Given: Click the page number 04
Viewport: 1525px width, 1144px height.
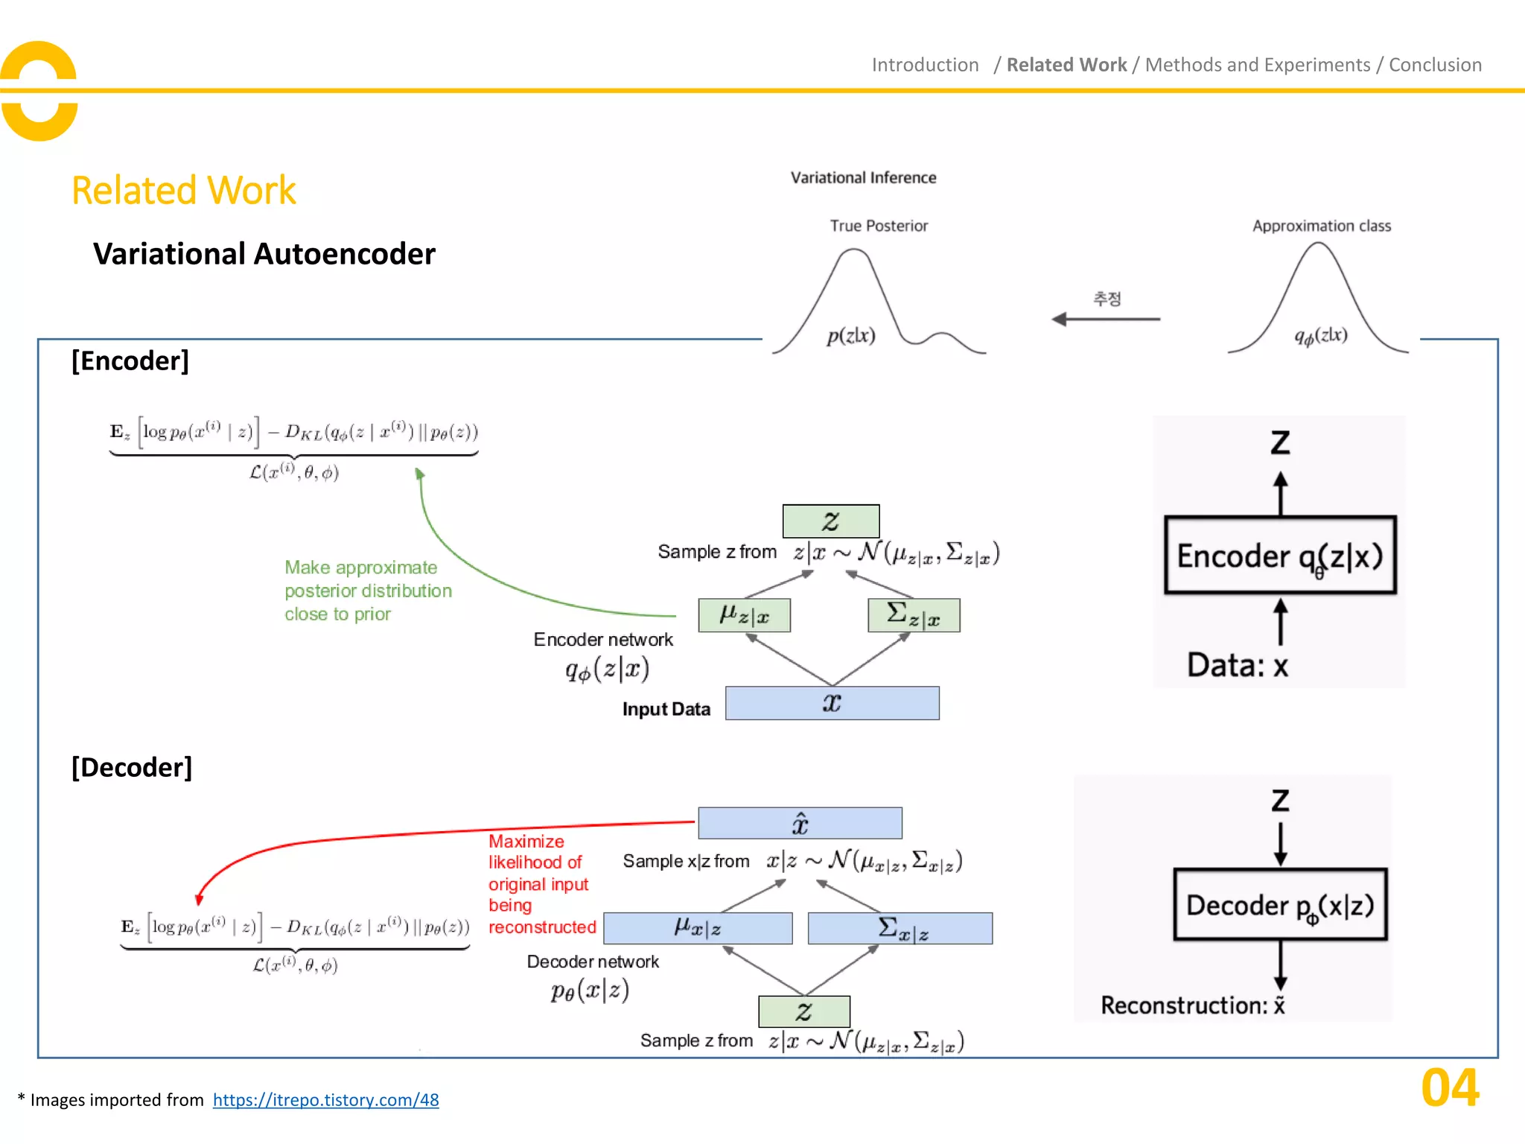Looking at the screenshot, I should click(1449, 1088).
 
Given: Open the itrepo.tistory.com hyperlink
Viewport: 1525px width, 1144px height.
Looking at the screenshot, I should click(325, 1099).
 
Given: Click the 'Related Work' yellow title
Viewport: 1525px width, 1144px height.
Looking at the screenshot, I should click(183, 191).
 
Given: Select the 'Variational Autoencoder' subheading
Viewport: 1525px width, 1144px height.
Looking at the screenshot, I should click(264, 254).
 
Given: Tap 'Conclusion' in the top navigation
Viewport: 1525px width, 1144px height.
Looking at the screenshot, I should click(1434, 65).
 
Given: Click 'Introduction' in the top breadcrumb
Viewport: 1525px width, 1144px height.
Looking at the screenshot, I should click(925, 65).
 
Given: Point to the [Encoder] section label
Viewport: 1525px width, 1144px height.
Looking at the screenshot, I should click(130, 360).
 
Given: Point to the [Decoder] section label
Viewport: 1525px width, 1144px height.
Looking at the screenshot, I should click(132, 767).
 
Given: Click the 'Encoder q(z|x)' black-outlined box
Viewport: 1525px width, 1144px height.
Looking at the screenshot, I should click(1279, 555).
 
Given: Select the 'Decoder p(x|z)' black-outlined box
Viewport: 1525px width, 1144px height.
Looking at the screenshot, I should click(1279, 905).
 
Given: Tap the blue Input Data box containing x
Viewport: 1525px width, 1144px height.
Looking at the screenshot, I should click(832, 703).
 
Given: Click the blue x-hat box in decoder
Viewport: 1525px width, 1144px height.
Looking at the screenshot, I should click(800, 823).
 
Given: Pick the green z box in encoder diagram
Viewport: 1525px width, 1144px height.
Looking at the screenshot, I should click(830, 521).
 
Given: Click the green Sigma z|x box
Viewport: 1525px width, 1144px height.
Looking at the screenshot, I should click(914, 615).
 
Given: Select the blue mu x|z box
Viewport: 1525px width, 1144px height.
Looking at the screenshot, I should click(698, 928).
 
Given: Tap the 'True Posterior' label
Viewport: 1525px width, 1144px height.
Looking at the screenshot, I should click(879, 226).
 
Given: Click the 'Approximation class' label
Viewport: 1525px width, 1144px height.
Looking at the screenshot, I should click(1321, 226).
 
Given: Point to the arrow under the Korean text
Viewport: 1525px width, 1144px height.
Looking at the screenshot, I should click(1106, 319).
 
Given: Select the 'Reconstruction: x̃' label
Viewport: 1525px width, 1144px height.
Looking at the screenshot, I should click(1192, 1005).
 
